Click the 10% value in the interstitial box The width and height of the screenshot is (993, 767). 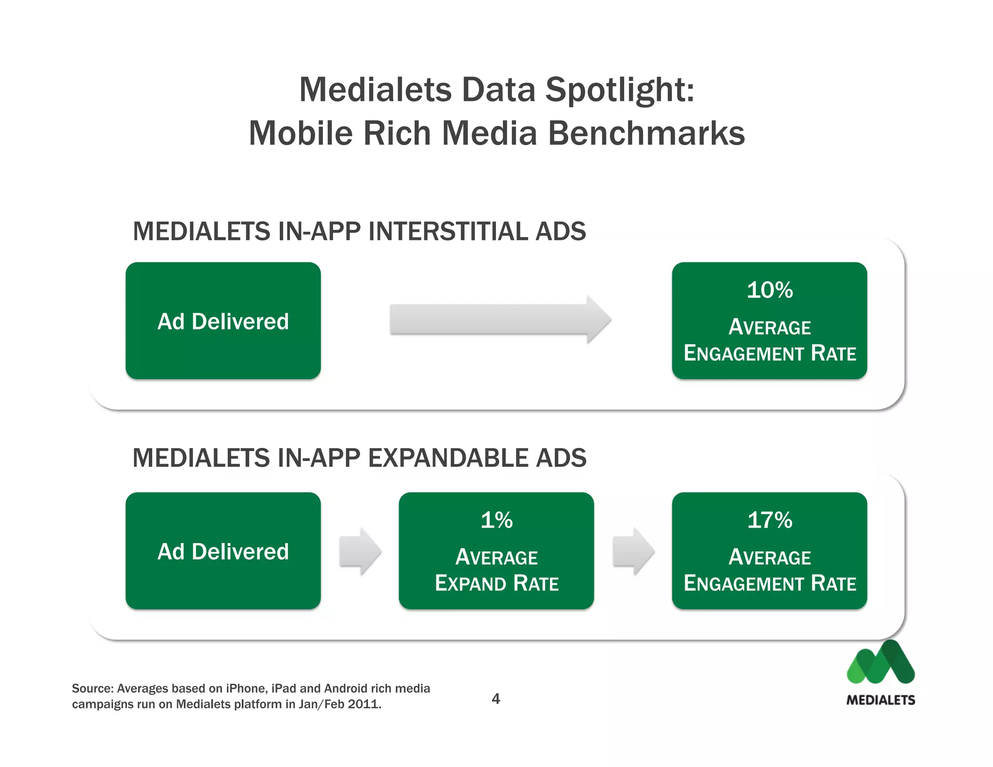pos(769,290)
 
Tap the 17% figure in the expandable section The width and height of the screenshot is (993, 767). pos(769,520)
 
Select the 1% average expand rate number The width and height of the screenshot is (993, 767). pos(496,520)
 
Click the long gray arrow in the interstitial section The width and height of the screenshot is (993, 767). pos(499,320)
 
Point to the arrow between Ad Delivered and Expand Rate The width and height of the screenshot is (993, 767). pos(360,551)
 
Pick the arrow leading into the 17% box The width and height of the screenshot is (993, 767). pos(633,551)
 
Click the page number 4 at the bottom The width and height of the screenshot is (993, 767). pos(496,699)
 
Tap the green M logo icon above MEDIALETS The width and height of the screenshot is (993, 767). pos(881,664)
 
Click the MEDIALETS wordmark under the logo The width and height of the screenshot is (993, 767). pos(881,700)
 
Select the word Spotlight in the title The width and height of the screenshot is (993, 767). pos(619,90)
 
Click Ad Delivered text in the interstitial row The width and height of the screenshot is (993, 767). pos(223,321)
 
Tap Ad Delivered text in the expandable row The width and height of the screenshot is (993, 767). pos(223,552)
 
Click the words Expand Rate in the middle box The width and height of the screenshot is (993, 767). pos(496,583)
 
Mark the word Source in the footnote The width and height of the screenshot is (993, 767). pos(92,688)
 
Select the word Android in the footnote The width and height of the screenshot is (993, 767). pos(346,688)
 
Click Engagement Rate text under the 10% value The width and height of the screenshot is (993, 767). pos(769,353)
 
